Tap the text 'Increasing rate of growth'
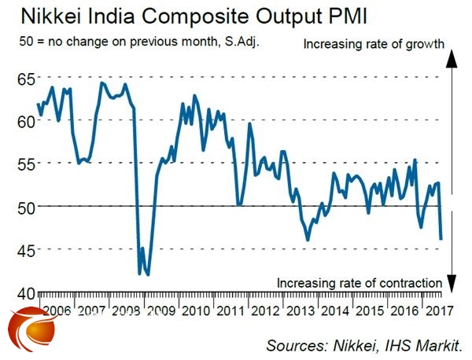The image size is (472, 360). tap(374, 45)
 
